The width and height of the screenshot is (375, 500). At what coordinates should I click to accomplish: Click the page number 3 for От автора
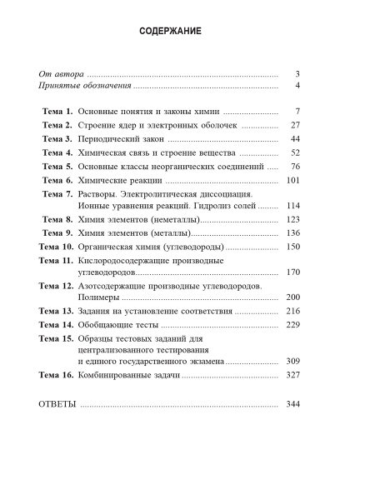tap(297, 73)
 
